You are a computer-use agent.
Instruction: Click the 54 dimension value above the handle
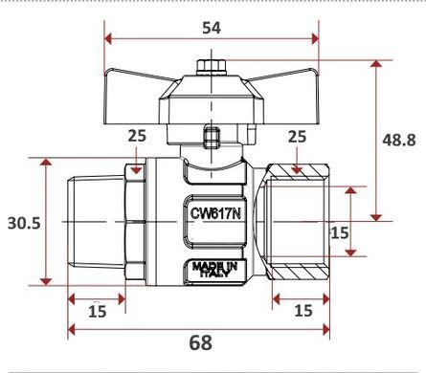tap(212, 28)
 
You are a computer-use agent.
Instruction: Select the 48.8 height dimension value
tap(399, 140)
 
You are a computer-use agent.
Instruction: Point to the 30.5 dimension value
tap(24, 223)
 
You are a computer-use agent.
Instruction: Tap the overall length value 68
tap(201, 343)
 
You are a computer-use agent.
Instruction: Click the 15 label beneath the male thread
tap(98, 311)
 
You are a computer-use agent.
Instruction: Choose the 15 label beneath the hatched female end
tap(303, 310)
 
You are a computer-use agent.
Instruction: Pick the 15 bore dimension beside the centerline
tap(340, 232)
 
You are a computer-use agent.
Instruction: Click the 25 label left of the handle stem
tap(137, 136)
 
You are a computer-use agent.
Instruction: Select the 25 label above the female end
tap(297, 137)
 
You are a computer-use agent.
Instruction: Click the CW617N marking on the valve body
tap(215, 213)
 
